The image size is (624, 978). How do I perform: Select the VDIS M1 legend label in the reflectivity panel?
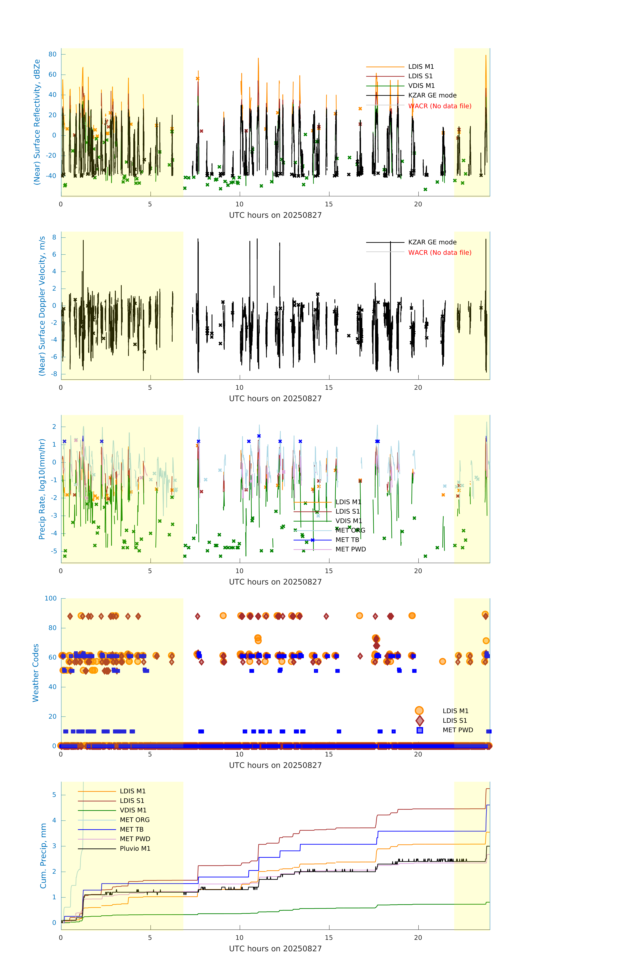click(421, 86)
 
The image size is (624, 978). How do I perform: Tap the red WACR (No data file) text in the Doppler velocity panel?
click(439, 253)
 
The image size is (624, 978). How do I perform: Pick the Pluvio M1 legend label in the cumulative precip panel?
click(135, 848)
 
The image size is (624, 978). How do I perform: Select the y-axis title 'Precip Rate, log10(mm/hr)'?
click(42, 489)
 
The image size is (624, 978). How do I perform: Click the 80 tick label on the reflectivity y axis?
click(52, 54)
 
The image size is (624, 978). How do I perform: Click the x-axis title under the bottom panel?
click(275, 949)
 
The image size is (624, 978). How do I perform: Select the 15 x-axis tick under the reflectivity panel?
click(328, 204)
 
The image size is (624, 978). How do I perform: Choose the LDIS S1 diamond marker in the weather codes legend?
click(420, 720)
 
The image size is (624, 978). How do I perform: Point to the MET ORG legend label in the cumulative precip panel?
click(135, 820)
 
